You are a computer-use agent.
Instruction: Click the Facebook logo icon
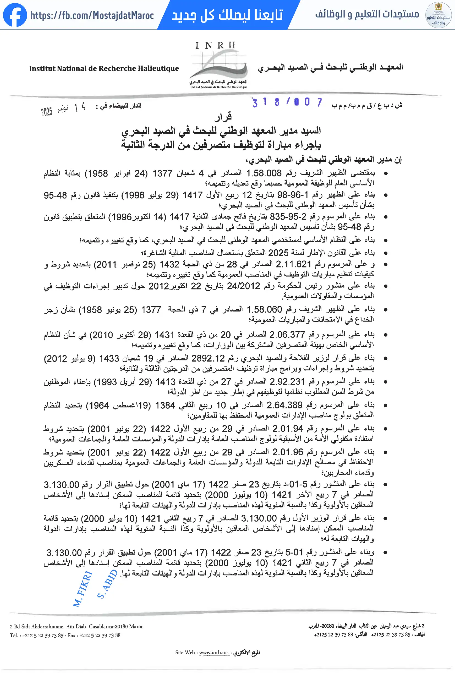click(15, 15)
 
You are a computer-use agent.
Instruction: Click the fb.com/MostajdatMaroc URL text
click(92, 15)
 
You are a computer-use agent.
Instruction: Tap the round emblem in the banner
click(438, 15)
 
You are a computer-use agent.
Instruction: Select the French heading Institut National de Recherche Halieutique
click(104, 69)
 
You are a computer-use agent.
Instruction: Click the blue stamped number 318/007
click(287, 102)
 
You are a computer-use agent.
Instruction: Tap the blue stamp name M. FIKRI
click(83, 589)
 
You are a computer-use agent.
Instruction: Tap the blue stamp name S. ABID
click(107, 584)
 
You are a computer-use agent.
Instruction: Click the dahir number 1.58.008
click(264, 173)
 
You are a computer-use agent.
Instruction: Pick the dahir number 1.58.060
click(264, 310)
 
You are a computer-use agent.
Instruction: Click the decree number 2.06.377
click(287, 335)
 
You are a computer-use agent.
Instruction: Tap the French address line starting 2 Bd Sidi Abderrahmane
click(76, 626)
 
